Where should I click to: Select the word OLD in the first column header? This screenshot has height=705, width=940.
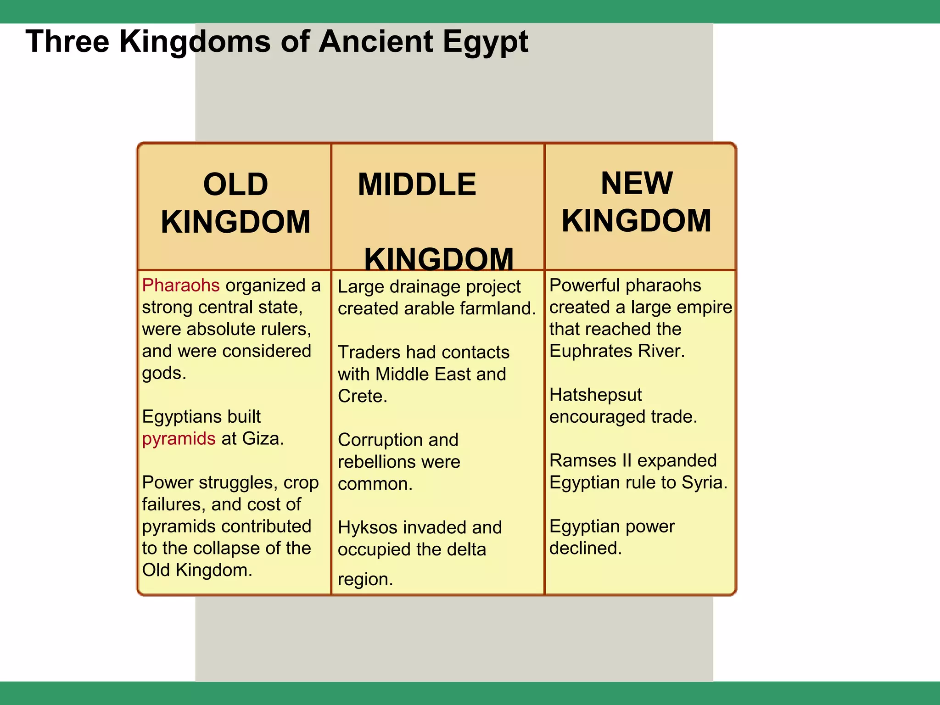(235, 185)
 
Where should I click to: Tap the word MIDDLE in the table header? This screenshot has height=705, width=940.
(417, 185)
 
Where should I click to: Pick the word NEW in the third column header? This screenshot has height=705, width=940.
(637, 183)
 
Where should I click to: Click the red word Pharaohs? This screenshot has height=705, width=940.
(181, 285)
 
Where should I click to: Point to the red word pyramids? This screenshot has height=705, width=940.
(179, 439)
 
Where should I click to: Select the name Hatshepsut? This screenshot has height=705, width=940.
(595, 395)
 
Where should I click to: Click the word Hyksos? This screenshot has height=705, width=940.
(367, 528)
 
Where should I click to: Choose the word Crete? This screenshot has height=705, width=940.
(362, 396)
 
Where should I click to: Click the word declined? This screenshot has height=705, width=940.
(585, 548)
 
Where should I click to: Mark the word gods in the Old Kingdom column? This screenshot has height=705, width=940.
(163, 373)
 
